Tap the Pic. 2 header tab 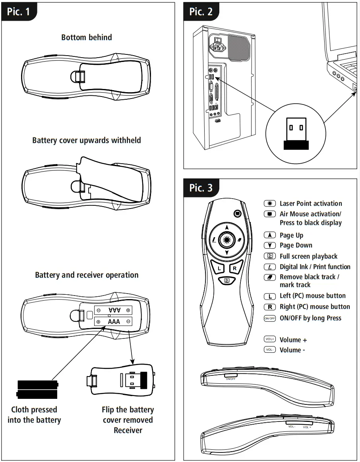pyautogui.click(x=201, y=12)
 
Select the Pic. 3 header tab pyautogui.click(x=201, y=188)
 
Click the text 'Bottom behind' pyautogui.click(x=87, y=37)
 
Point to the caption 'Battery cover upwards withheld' pyautogui.click(x=87, y=140)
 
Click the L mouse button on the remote pyautogui.click(x=219, y=268)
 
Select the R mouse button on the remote pyautogui.click(x=235, y=268)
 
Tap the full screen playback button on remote pyautogui.click(x=227, y=280)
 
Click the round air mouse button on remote pyautogui.click(x=237, y=213)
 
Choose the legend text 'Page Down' pyautogui.click(x=296, y=245)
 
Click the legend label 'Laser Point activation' pyautogui.click(x=310, y=203)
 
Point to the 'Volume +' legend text pyautogui.click(x=293, y=340)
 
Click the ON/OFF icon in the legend pyautogui.click(x=270, y=318)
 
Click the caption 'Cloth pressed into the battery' pyautogui.click(x=34, y=415)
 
